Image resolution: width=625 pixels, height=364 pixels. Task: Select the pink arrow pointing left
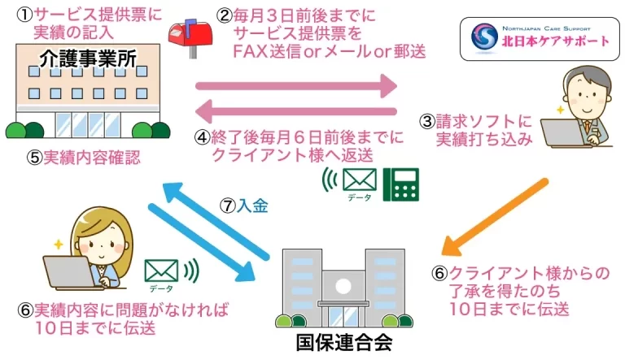(296, 112)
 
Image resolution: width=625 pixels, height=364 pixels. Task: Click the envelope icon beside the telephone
(359, 178)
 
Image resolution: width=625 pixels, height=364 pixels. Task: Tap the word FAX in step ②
(251, 51)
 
